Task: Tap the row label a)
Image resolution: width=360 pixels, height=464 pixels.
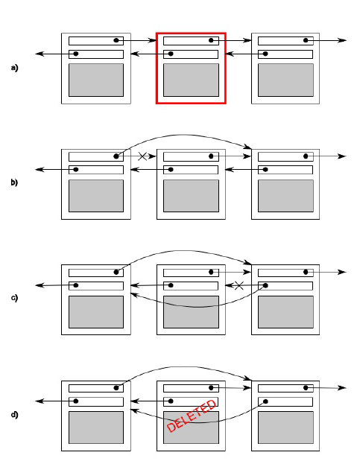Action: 14,68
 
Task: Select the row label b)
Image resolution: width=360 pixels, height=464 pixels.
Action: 14,182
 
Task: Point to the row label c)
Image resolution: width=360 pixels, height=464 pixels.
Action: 14,298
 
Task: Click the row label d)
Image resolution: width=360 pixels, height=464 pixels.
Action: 14,415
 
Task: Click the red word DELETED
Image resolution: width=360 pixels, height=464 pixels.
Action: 192,416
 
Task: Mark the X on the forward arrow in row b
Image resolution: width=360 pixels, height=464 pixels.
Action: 142,156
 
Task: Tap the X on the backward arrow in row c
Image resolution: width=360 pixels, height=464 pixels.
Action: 239,285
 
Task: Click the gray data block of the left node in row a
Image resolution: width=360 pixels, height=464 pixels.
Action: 96,80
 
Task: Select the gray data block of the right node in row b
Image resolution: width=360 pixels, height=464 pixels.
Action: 285,196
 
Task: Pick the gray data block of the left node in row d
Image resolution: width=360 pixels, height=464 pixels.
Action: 96,428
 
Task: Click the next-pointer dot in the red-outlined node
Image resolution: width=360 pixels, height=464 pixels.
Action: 211,40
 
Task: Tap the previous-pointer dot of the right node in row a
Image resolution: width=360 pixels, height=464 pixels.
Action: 265,54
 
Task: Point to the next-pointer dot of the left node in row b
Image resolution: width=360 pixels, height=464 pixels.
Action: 116,156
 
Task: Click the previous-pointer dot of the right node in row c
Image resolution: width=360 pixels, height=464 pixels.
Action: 265,285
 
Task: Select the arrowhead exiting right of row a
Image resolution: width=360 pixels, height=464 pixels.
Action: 342,40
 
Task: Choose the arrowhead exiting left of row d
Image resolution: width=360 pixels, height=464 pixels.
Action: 40,401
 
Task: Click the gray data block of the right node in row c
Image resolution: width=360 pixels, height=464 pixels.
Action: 285,311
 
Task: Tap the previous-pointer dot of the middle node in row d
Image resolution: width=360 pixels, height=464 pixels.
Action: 171,401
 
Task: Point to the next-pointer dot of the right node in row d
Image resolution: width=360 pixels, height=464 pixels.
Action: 306,387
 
